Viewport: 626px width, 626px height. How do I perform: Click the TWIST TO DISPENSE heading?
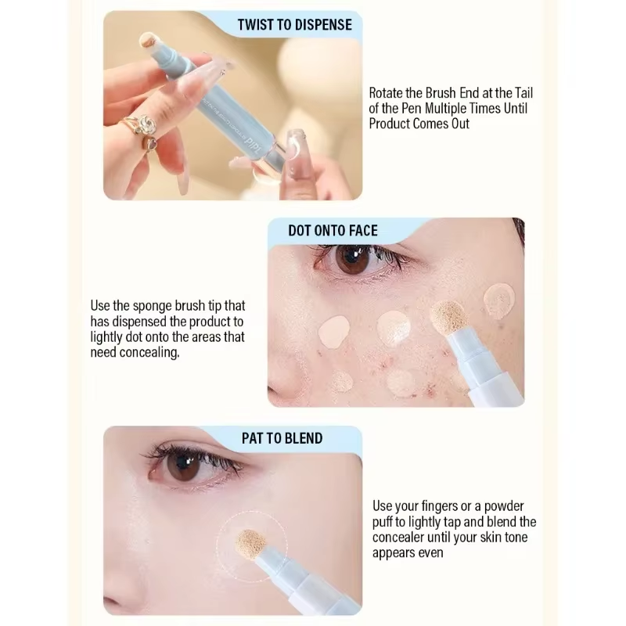tap(294, 25)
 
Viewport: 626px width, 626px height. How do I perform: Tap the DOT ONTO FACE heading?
tap(333, 230)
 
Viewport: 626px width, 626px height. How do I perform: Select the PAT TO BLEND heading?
tap(282, 438)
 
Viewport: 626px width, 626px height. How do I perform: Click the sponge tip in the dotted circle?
tap(252, 541)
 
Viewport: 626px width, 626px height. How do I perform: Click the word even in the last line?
tap(428, 552)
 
